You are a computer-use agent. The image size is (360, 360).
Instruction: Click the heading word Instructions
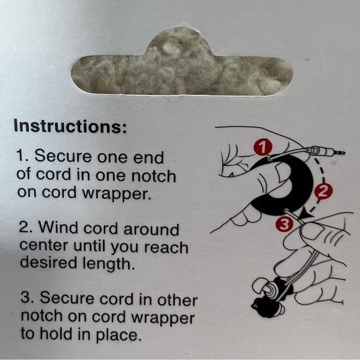(x=70, y=126)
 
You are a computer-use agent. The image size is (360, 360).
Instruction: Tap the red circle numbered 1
(x=263, y=147)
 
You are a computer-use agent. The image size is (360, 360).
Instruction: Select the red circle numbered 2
(x=323, y=191)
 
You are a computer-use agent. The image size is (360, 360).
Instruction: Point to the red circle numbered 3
(x=285, y=223)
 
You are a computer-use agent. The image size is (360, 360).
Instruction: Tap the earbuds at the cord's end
(x=271, y=296)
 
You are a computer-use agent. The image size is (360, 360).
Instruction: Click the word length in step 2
(x=109, y=264)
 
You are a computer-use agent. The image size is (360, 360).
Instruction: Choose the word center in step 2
(x=43, y=246)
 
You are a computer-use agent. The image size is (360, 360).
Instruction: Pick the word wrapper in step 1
(x=117, y=194)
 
